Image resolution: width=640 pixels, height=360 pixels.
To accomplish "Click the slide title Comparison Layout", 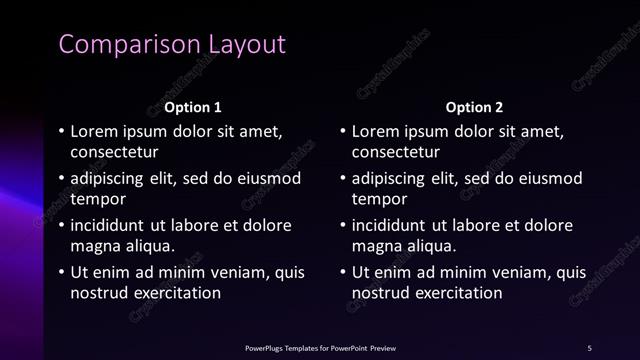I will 172,45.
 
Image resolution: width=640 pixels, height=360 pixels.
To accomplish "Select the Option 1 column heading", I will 192,107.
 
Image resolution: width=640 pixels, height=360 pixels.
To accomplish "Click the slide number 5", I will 590,347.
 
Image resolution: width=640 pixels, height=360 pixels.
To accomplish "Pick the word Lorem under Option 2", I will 377,131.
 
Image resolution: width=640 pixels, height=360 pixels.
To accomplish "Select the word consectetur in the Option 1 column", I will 115,152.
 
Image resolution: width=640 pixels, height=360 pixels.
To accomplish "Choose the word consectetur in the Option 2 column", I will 396,152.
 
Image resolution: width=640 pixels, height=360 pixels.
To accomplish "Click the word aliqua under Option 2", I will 428,246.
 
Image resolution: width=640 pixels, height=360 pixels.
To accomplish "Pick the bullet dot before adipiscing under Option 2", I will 343,179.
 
